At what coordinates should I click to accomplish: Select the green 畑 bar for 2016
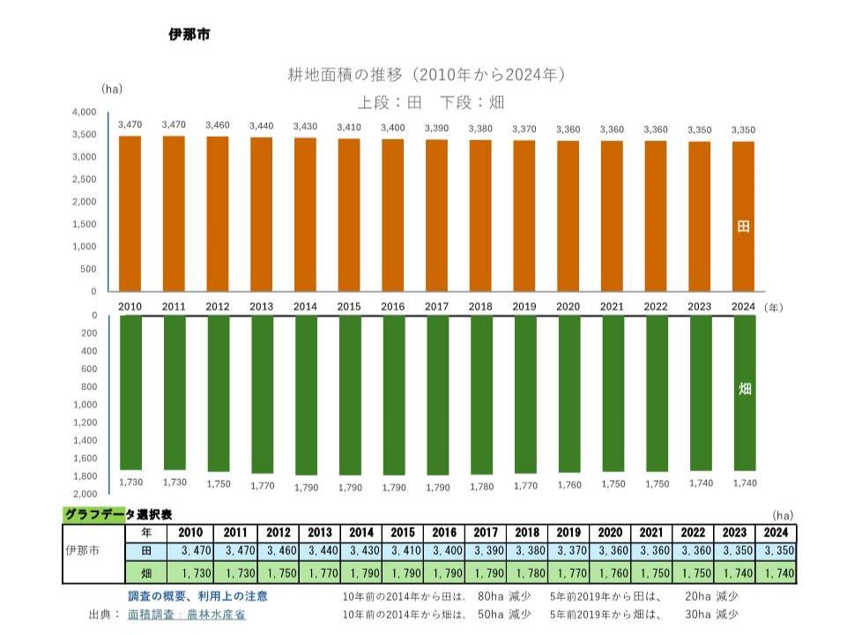pyautogui.click(x=394, y=394)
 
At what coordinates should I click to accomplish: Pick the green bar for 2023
pyautogui.click(x=701, y=392)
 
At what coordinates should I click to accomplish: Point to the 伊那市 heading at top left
pyautogui.click(x=189, y=35)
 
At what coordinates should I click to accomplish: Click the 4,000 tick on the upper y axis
pyautogui.click(x=84, y=113)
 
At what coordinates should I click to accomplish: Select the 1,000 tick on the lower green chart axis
pyautogui.click(x=84, y=405)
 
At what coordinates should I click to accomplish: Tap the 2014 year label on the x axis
pyautogui.click(x=306, y=307)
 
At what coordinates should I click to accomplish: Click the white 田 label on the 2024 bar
pyautogui.click(x=743, y=227)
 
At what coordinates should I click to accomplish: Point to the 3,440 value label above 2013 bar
pyautogui.click(x=262, y=127)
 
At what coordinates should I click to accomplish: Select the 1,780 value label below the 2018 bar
pyautogui.click(x=481, y=483)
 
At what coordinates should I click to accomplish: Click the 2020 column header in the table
pyautogui.click(x=610, y=533)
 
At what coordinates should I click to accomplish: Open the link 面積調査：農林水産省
pyautogui.click(x=187, y=615)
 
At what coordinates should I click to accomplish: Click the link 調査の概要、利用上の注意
pyautogui.click(x=198, y=596)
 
